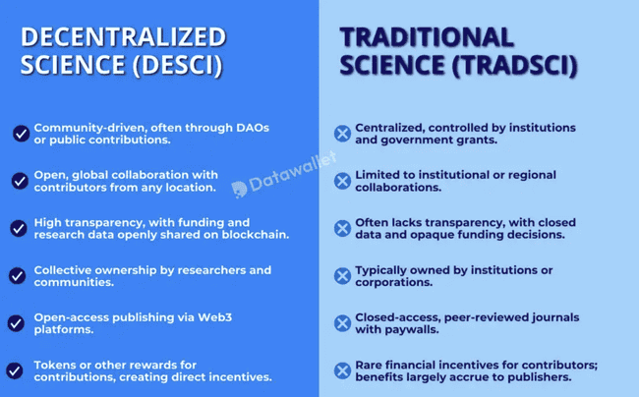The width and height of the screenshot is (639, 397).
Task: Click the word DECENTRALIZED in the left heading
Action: click(124, 37)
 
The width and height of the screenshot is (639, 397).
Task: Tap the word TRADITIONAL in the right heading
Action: click(427, 37)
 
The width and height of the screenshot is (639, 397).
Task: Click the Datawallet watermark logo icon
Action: click(239, 188)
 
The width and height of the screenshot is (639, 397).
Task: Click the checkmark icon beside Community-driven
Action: click(20, 134)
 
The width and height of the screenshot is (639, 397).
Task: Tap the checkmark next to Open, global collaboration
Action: click(20, 181)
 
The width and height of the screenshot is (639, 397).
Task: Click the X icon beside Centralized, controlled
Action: click(342, 134)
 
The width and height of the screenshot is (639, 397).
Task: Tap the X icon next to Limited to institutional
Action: click(342, 181)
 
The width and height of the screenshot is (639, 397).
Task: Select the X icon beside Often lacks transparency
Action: click(342, 228)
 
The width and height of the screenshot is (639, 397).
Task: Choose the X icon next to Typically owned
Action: click(342, 276)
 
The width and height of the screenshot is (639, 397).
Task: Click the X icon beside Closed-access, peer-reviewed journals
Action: click(342, 323)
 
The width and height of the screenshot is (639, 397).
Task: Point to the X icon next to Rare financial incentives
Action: click(342, 370)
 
